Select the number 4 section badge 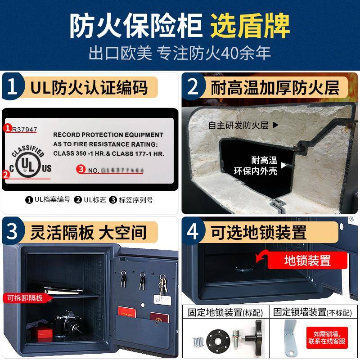pyautogui.click(x=193, y=232)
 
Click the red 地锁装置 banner pyautogui.click(x=307, y=260)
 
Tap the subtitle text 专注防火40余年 pyautogui.click(x=214, y=53)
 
